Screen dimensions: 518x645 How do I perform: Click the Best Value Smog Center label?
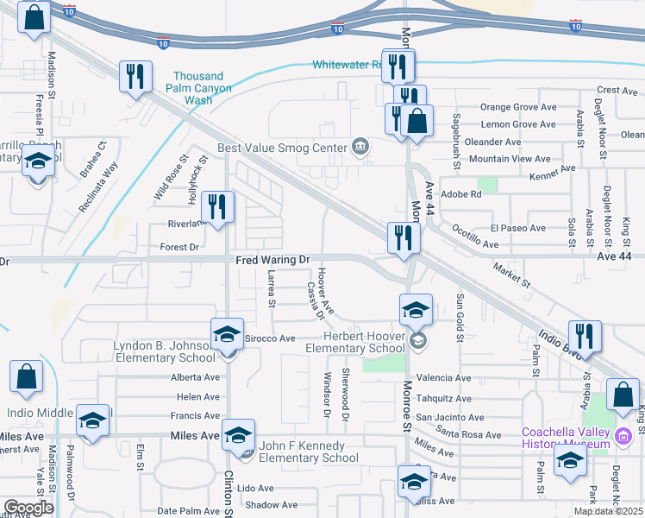click(282, 148)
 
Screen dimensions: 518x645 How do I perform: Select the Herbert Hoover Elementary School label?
click(364, 343)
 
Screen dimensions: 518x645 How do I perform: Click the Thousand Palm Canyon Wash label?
click(198, 88)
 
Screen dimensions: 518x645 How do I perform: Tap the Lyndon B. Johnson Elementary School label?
click(164, 352)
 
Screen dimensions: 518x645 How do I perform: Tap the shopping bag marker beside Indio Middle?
click(26, 376)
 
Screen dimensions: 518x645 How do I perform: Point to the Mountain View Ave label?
click(509, 159)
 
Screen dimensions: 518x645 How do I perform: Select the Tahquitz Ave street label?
click(443, 398)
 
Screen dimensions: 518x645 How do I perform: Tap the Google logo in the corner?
click(28, 508)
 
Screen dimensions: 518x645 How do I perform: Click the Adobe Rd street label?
click(460, 194)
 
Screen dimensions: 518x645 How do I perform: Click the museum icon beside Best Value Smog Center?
click(360, 147)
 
